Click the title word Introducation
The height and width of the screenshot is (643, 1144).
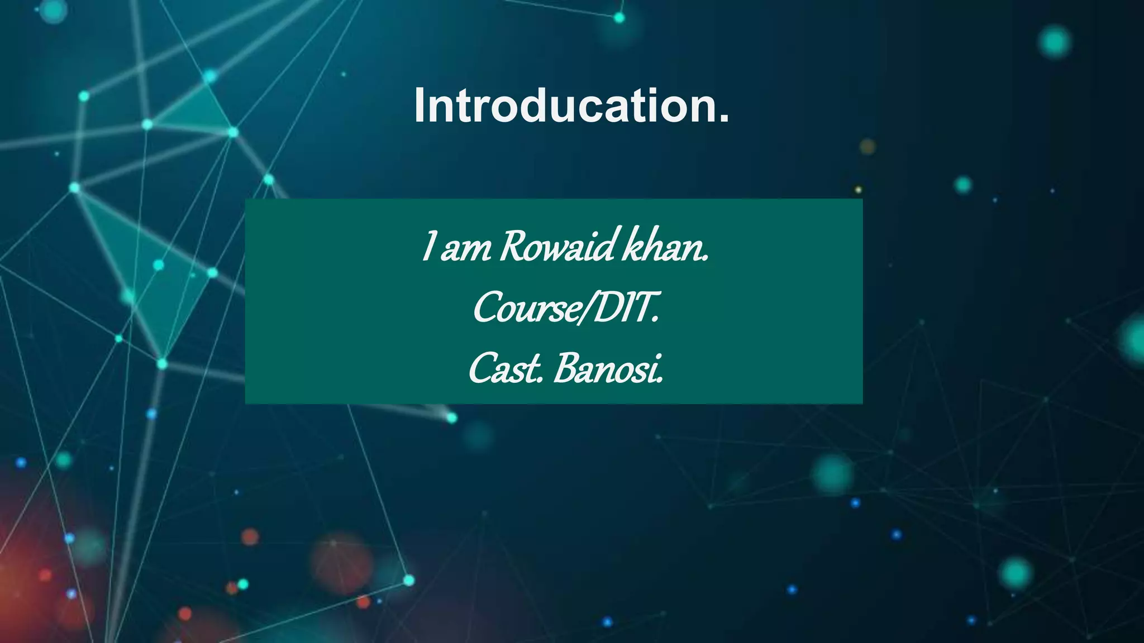tap(571, 105)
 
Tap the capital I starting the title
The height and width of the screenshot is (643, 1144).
tap(420, 105)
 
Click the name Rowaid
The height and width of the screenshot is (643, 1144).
tap(557, 247)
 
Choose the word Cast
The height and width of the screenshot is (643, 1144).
tap(505, 370)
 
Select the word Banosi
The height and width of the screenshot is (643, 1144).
tap(607, 370)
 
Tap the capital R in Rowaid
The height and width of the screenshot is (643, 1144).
tap(512, 247)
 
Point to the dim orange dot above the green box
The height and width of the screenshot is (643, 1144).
tap(867, 147)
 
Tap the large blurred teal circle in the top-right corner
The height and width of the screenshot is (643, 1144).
tap(1055, 42)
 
